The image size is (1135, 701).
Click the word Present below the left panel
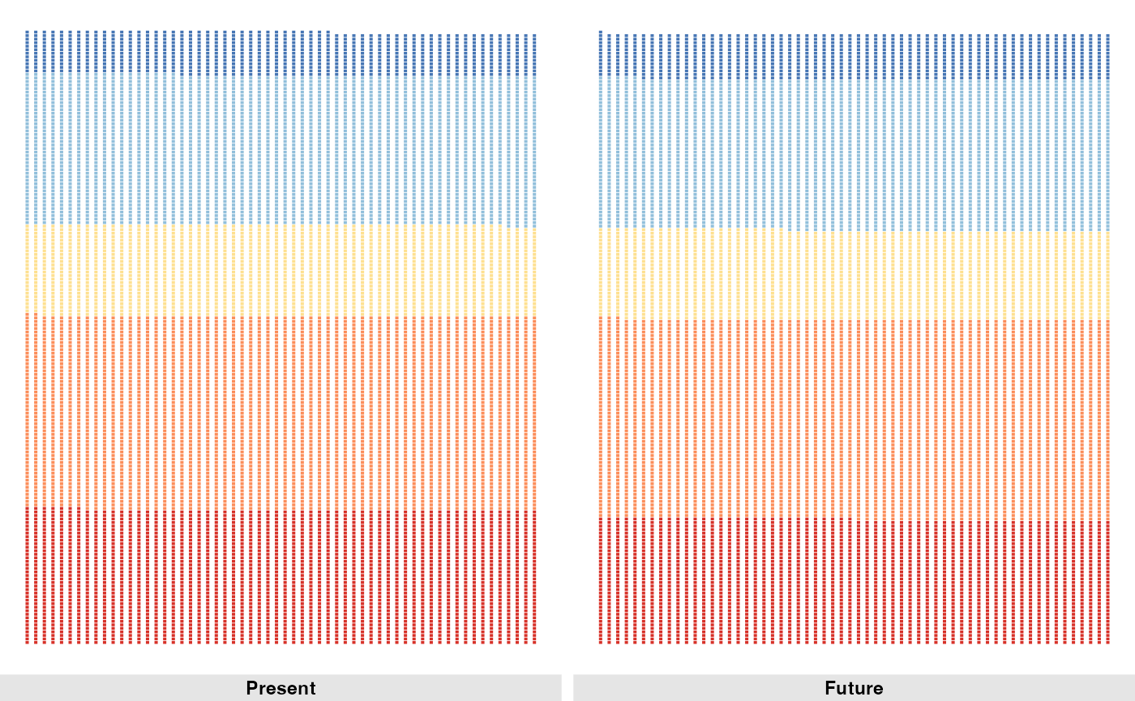pos(281,688)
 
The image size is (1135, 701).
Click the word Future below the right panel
pos(854,688)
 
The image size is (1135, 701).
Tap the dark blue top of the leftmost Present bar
pos(27,51)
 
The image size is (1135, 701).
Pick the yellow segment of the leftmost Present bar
pos(27,268)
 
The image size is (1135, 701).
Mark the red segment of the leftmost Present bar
pos(27,575)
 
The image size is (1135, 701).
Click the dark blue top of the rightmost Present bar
pos(534,55)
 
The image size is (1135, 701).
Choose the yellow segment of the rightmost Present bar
pos(534,271)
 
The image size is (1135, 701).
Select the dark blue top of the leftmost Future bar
pos(600,53)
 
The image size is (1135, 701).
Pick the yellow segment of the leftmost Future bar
pos(600,271)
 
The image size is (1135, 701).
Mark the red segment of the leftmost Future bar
pos(600,580)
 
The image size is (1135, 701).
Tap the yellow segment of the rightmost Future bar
pos(1107,276)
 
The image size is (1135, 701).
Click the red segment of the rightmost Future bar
pos(1107,583)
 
